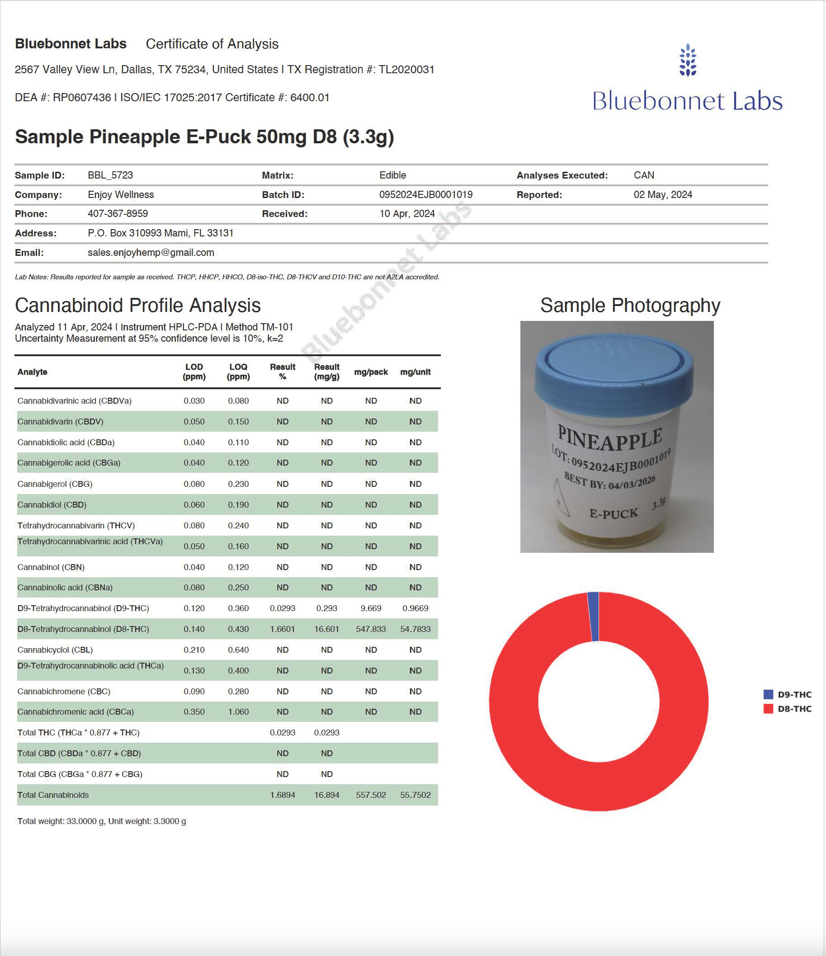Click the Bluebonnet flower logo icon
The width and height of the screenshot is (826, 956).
tap(688, 60)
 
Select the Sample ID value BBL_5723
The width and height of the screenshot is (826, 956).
tap(110, 175)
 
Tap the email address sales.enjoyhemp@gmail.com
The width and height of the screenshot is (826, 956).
tap(151, 252)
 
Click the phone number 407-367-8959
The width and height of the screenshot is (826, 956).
tap(118, 214)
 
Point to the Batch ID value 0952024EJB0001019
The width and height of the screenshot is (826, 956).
tap(425, 195)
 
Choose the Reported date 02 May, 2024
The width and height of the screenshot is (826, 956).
tap(663, 195)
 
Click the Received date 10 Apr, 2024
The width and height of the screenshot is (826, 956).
tap(407, 214)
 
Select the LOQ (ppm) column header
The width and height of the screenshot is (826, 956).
tap(238, 372)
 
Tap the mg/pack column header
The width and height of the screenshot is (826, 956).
tap(371, 372)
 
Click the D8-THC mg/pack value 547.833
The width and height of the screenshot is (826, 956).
tap(371, 629)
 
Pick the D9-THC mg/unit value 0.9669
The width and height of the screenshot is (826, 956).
tap(415, 608)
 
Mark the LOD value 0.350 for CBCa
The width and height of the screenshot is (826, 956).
tap(194, 712)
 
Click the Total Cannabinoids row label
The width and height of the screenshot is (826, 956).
tap(53, 795)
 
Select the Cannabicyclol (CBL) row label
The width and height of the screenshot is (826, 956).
tap(55, 650)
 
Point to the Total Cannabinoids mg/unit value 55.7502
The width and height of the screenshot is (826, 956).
tap(415, 795)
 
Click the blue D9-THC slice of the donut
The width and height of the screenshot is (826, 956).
tap(594, 617)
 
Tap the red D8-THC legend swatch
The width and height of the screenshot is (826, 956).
tap(768, 709)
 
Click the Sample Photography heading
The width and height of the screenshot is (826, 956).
tap(630, 306)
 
